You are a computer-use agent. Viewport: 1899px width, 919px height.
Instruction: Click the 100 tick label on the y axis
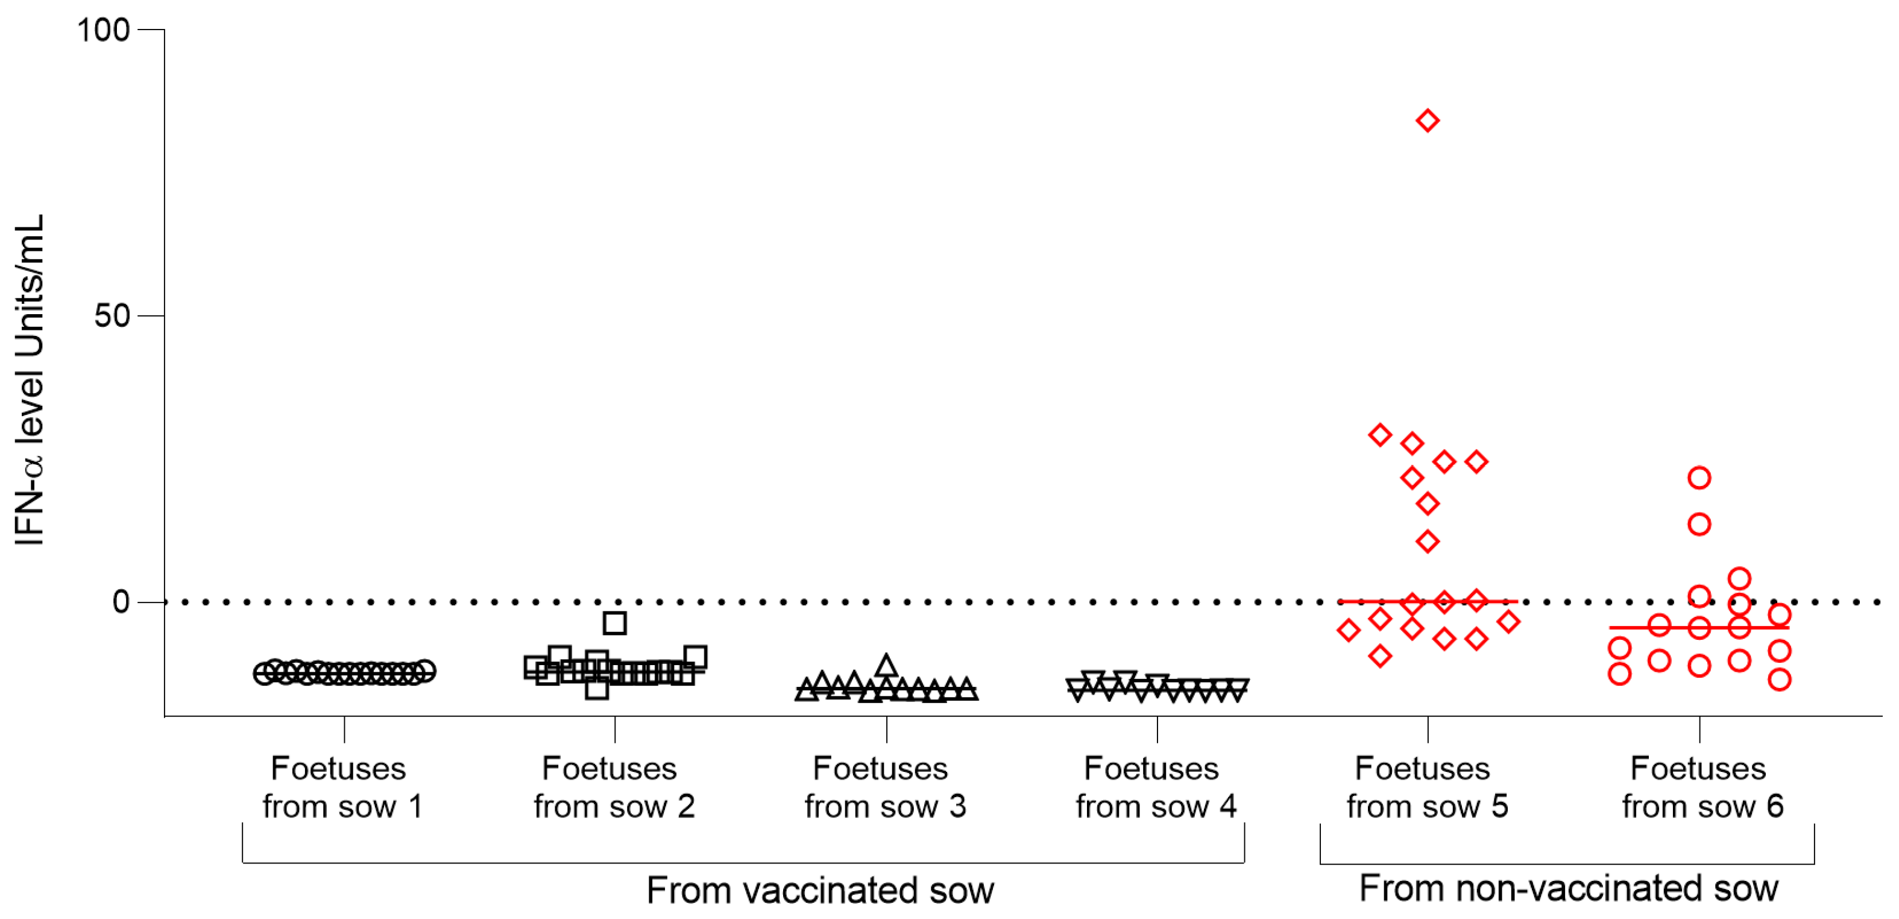[x=103, y=30]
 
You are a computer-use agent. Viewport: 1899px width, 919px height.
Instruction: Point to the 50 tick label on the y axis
[x=112, y=315]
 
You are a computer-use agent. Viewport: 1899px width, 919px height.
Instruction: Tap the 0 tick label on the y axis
[x=121, y=602]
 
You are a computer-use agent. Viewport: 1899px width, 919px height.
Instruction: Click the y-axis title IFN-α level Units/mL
[x=30, y=380]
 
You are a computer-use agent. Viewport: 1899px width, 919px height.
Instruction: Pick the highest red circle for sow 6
[x=1699, y=478]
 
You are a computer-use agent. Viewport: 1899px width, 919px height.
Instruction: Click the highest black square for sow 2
[x=615, y=624]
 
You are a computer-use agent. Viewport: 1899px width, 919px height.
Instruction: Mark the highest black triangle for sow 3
[x=886, y=666]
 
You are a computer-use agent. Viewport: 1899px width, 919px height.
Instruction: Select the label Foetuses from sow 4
[x=1156, y=787]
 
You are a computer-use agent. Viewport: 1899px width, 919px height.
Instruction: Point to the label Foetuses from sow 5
[x=1427, y=787]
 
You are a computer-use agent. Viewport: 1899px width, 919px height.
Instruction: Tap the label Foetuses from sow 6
[x=1702, y=787]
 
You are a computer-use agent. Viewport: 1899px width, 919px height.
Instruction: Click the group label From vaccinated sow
[x=820, y=890]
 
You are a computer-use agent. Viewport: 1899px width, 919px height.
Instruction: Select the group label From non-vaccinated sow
[x=1569, y=888]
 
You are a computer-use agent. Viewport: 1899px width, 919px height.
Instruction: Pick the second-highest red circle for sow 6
[x=1699, y=525]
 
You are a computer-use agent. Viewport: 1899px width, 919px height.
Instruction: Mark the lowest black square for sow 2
[x=596, y=690]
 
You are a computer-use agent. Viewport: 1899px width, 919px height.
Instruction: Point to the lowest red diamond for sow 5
[x=1380, y=655]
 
